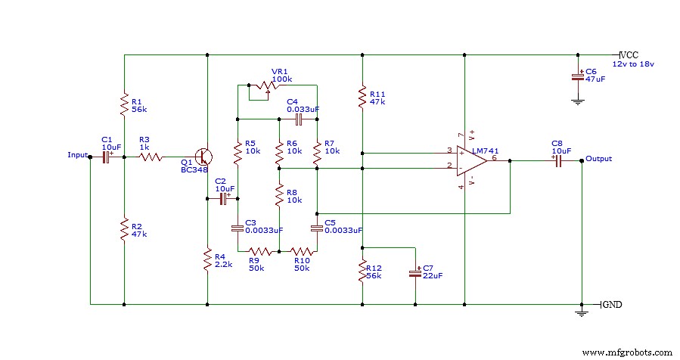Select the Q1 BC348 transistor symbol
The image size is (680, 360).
coord(203,157)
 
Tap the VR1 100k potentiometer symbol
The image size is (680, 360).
coord(263,89)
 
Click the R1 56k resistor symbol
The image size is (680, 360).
coord(123,104)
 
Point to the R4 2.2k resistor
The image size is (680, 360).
coord(207,260)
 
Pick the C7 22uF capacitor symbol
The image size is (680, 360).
coord(415,272)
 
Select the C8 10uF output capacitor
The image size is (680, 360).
coord(557,161)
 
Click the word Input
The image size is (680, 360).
coord(78,155)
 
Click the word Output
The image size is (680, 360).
coord(599,159)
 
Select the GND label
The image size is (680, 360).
coord(612,305)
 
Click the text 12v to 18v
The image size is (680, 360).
coord(633,65)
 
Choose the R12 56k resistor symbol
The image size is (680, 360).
coord(363,272)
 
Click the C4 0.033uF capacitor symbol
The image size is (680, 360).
coord(298,119)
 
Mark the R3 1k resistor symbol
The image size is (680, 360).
coord(151,157)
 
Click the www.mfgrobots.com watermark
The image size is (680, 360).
coord(629,352)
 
